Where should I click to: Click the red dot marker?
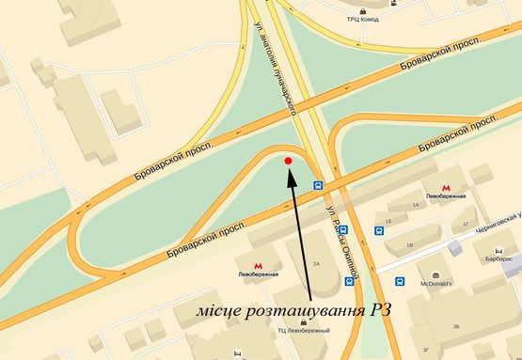tap(288, 162)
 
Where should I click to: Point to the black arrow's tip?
tap(291, 174)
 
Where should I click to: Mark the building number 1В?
tap(406, 245)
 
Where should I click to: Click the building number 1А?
tap(414, 203)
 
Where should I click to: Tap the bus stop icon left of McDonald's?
tap(401, 282)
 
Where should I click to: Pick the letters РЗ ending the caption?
tap(381, 311)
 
